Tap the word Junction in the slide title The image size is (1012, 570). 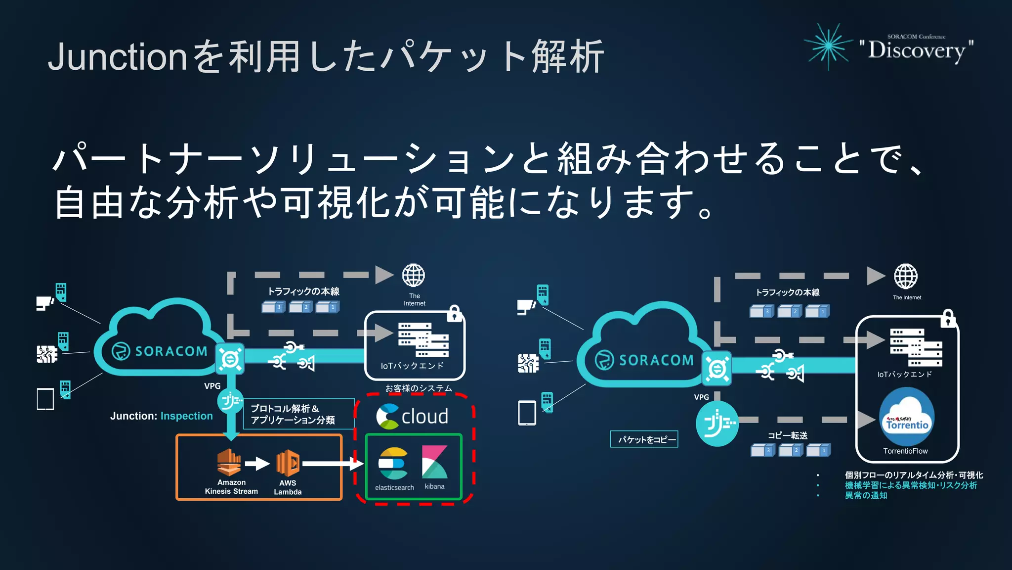pyautogui.click(x=118, y=57)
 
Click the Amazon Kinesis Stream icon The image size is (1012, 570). pyautogui.click(x=229, y=463)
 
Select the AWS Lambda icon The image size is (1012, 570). pyautogui.click(x=288, y=463)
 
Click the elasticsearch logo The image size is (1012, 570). pyautogui.click(x=393, y=464)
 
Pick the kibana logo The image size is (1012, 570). pyautogui.click(x=434, y=462)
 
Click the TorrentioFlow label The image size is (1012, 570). pyautogui.click(x=905, y=451)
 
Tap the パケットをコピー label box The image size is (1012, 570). pyautogui.click(x=644, y=439)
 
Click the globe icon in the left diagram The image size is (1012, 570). pyautogui.click(x=414, y=276)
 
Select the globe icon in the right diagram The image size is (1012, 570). pyautogui.click(x=906, y=276)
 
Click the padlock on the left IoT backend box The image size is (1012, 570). pyautogui.click(x=455, y=314)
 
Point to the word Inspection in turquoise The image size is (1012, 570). pyautogui.click(x=187, y=416)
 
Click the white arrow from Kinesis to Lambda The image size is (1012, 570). pyautogui.click(x=257, y=464)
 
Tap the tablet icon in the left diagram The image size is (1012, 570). pyautogui.click(x=45, y=399)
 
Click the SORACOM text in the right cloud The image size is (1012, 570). pyautogui.click(x=656, y=360)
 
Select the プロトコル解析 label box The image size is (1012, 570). pyautogui.click(x=298, y=414)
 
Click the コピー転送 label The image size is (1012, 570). pyautogui.click(x=788, y=435)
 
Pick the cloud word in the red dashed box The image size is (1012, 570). pyautogui.click(x=424, y=417)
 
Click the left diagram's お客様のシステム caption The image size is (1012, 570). pyautogui.click(x=419, y=388)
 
